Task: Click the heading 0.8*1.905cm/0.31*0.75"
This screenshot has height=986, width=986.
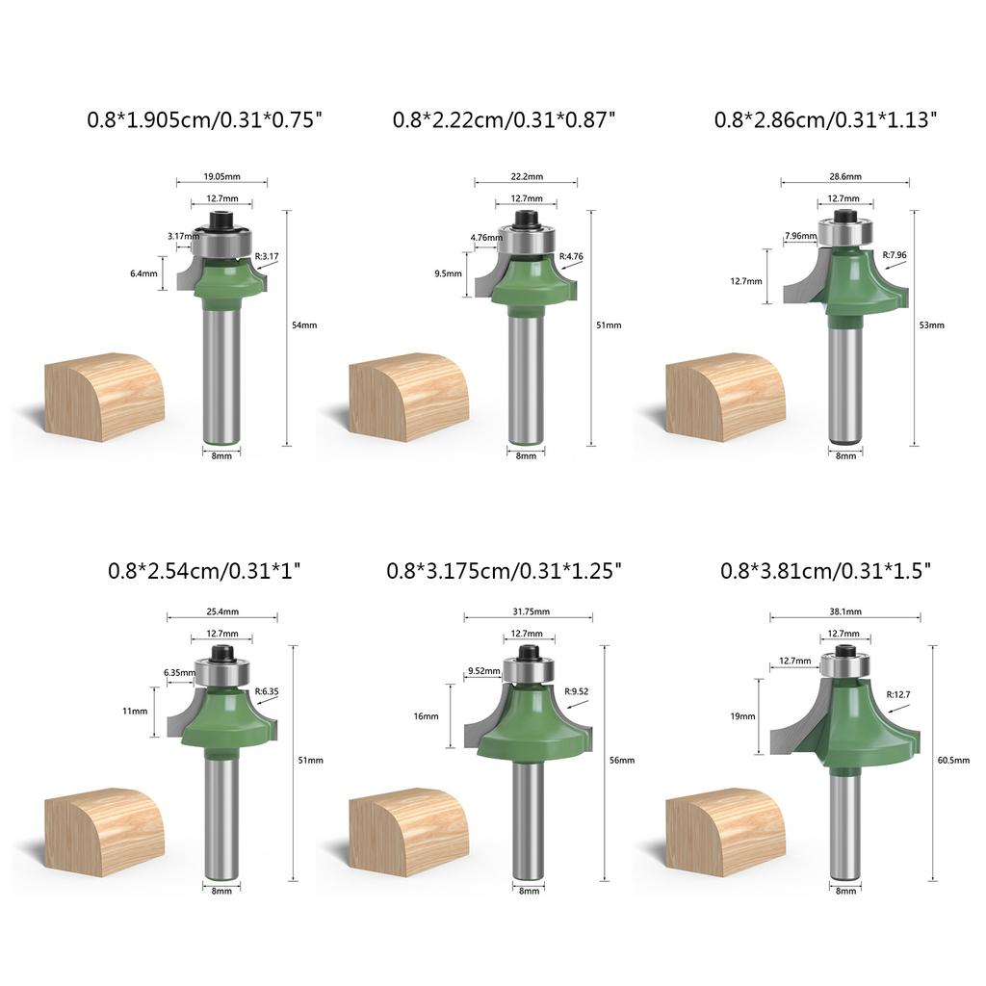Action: point(204,120)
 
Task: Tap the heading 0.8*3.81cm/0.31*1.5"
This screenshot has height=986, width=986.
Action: point(826,570)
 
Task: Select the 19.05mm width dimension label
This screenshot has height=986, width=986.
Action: point(221,176)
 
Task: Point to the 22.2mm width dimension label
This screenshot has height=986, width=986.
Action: point(526,176)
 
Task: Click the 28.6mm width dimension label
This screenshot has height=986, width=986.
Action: point(846,176)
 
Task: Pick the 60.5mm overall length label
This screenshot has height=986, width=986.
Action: point(953,761)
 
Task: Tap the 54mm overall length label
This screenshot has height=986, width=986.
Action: point(304,325)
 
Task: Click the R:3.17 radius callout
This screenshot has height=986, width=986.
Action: point(267,256)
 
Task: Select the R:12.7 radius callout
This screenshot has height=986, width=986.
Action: point(899,693)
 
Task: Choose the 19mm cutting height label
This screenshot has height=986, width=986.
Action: point(743,716)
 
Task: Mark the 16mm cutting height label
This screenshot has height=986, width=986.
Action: point(427,716)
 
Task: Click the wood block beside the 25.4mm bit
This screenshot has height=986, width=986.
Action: point(104,831)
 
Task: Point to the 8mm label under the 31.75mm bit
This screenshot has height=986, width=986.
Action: point(529,892)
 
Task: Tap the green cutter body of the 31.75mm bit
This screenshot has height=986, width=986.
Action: point(528,722)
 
